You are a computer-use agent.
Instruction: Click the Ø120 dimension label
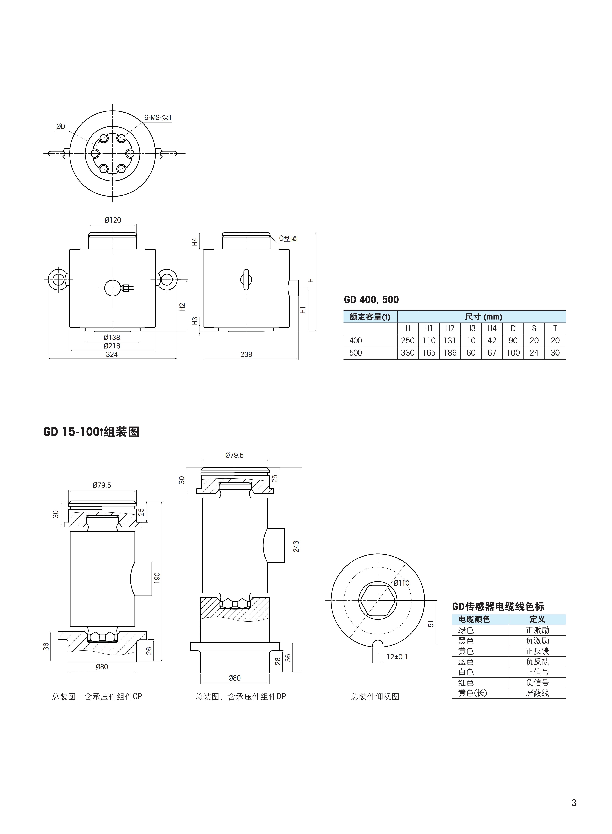tap(113, 220)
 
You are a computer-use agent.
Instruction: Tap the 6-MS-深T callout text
tap(158, 118)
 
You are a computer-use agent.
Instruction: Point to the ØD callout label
tap(61, 127)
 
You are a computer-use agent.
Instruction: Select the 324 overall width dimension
tap(112, 354)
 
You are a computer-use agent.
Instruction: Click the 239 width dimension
tap(246, 354)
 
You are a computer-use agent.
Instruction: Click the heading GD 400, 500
tap(372, 300)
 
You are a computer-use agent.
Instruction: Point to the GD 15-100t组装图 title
tap(91, 432)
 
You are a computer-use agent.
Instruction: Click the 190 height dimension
tap(157, 578)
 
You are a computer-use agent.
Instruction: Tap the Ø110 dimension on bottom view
tap(402, 583)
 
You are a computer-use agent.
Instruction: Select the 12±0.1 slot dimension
tap(397, 657)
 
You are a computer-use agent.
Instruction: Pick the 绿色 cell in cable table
tap(466, 630)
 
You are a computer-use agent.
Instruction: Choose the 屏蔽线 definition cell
tap(537, 693)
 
